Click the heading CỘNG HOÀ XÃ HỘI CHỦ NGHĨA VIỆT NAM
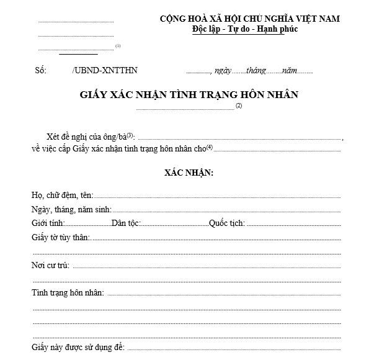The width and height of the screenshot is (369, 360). click(249, 19)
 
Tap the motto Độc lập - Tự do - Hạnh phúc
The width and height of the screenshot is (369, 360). click(245, 30)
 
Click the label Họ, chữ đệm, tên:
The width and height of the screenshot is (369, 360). click(61, 196)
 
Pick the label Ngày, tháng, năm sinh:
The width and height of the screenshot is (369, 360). click(71, 209)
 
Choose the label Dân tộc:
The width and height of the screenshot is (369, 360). click(128, 223)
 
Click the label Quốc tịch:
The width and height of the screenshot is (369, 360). click(227, 223)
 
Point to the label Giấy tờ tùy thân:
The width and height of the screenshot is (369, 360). click(61, 236)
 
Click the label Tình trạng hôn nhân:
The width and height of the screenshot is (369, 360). click(68, 292)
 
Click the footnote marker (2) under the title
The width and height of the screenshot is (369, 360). click(238, 106)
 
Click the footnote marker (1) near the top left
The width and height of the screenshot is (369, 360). click(118, 45)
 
